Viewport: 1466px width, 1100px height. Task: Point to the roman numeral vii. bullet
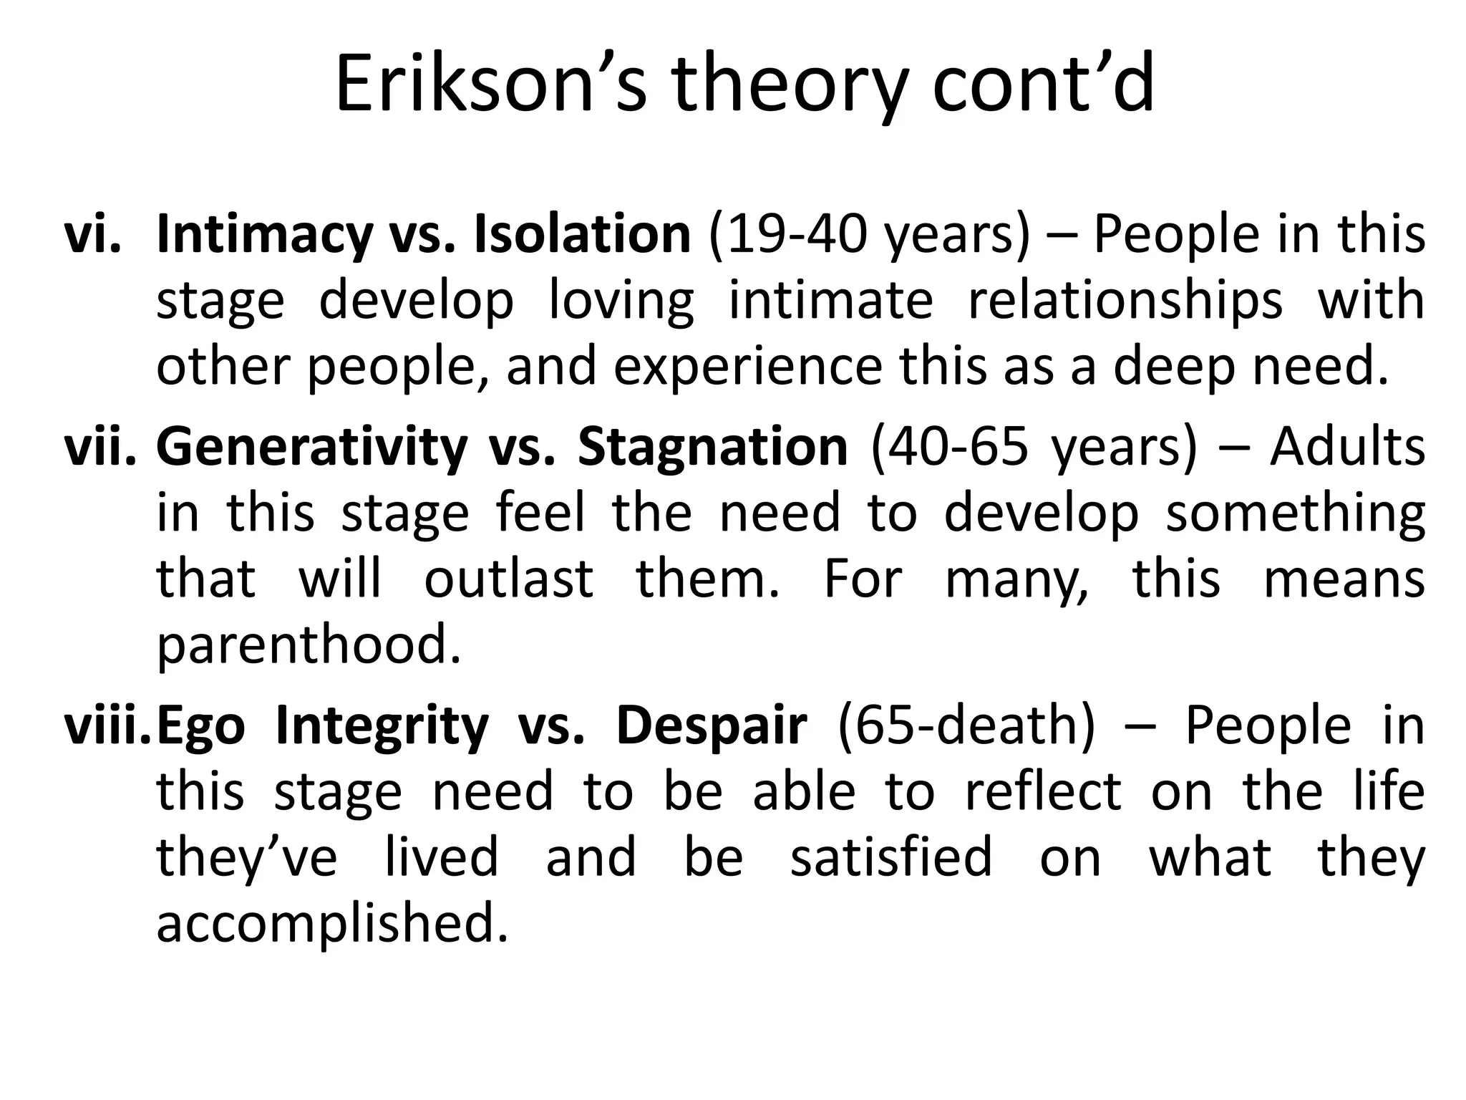click(x=100, y=447)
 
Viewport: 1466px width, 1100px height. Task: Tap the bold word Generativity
click(x=311, y=448)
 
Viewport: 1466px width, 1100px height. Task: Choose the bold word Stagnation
click(x=713, y=448)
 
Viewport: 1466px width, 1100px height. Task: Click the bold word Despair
click(x=712, y=727)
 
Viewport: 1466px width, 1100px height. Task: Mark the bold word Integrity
click(x=382, y=727)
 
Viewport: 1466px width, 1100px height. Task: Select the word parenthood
click(x=309, y=645)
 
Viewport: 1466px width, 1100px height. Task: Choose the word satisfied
click(x=891, y=857)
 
